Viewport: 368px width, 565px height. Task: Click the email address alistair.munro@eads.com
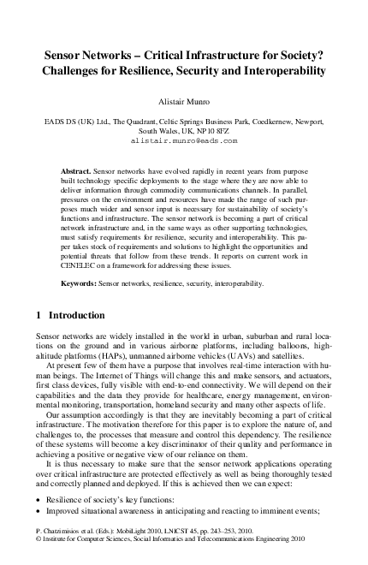click(x=184, y=140)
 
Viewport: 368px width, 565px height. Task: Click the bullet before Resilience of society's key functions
click(x=42, y=499)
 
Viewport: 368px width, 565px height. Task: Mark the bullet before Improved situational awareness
click(x=42, y=511)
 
